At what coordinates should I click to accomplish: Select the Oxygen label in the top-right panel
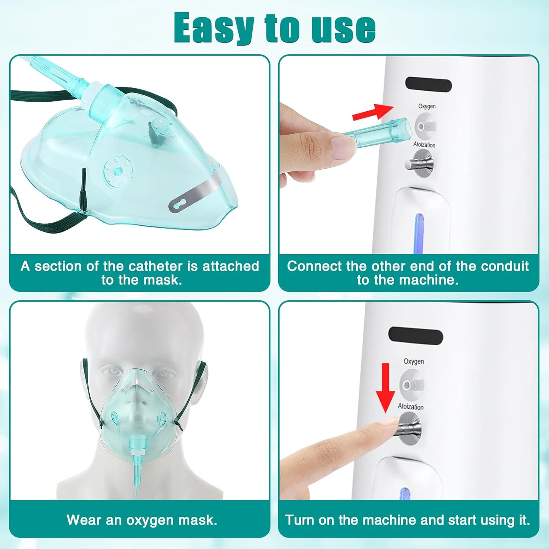[x=427, y=106]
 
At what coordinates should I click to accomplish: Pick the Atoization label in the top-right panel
[x=424, y=145]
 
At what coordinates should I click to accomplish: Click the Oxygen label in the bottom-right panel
[x=414, y=361]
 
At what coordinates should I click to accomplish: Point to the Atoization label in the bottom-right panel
[x=410, y=407]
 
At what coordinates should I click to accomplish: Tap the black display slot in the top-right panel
[x=428, y=84]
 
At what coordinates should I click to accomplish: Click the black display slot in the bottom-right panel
[x=416, y=336]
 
